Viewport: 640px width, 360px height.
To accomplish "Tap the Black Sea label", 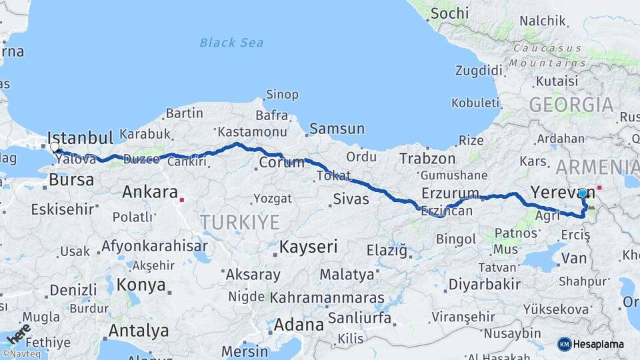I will point(231,43).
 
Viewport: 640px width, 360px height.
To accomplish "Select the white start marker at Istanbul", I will point(55,147).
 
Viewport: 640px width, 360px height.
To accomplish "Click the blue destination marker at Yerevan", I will point(583,193).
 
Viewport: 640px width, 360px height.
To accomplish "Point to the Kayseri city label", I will point(308,247).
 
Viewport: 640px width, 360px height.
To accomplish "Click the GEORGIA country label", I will point(571,105).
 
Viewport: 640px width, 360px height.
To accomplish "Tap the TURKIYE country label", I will point(240,222).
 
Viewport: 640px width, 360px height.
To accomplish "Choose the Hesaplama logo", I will point(591,344).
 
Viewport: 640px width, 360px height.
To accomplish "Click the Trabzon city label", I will point(427,159).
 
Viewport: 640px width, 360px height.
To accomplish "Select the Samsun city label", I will point(337,129).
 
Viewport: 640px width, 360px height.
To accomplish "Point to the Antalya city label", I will point(139,330).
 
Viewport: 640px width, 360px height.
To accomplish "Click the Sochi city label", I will point(449,13).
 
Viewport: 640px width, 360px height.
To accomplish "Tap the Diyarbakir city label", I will point(484,284).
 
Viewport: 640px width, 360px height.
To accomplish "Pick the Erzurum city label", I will point(450,193).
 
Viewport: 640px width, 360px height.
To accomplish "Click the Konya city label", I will point(141,285).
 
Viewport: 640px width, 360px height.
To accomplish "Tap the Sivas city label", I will point(351,199).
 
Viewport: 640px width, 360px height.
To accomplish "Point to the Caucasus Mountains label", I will point(548,55).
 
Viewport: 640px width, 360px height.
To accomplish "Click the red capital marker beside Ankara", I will point(182,198).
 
